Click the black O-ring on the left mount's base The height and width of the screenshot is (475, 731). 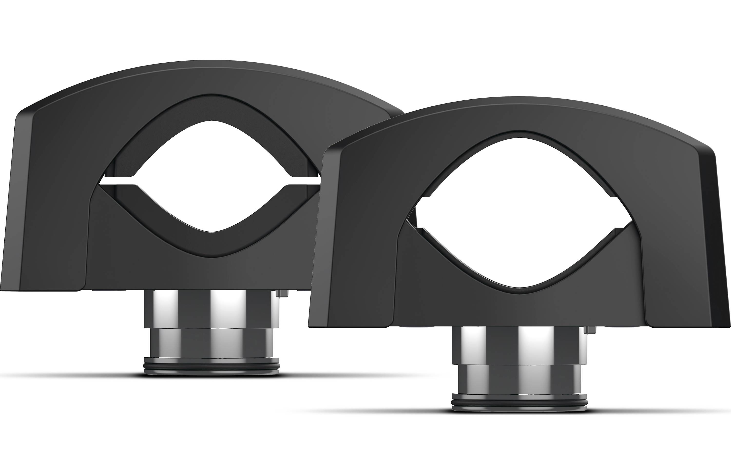(x=212, y=366)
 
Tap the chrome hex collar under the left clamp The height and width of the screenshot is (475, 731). (x=212, y=309)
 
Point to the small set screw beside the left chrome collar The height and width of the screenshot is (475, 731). (x=283, y=294)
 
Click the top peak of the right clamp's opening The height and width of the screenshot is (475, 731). (x=519, y=138)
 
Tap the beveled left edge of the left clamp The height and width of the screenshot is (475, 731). (x=19, y=184)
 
